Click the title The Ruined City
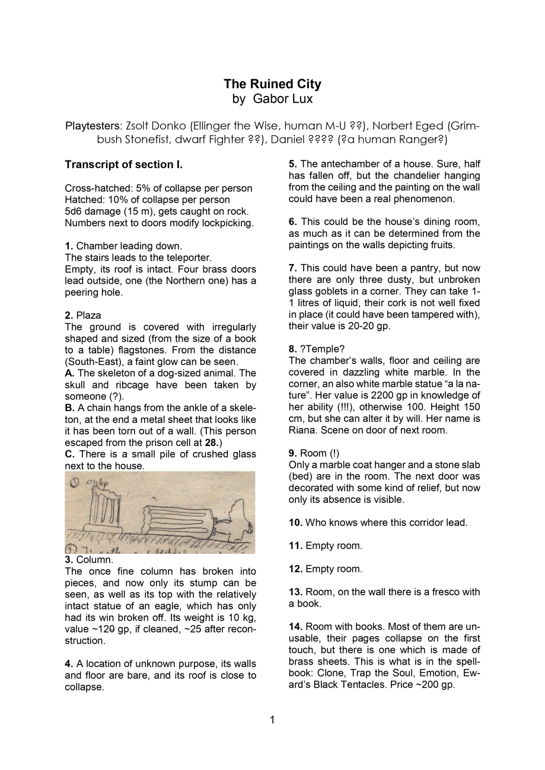272,84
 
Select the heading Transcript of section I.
123,164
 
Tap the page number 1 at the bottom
272,720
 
